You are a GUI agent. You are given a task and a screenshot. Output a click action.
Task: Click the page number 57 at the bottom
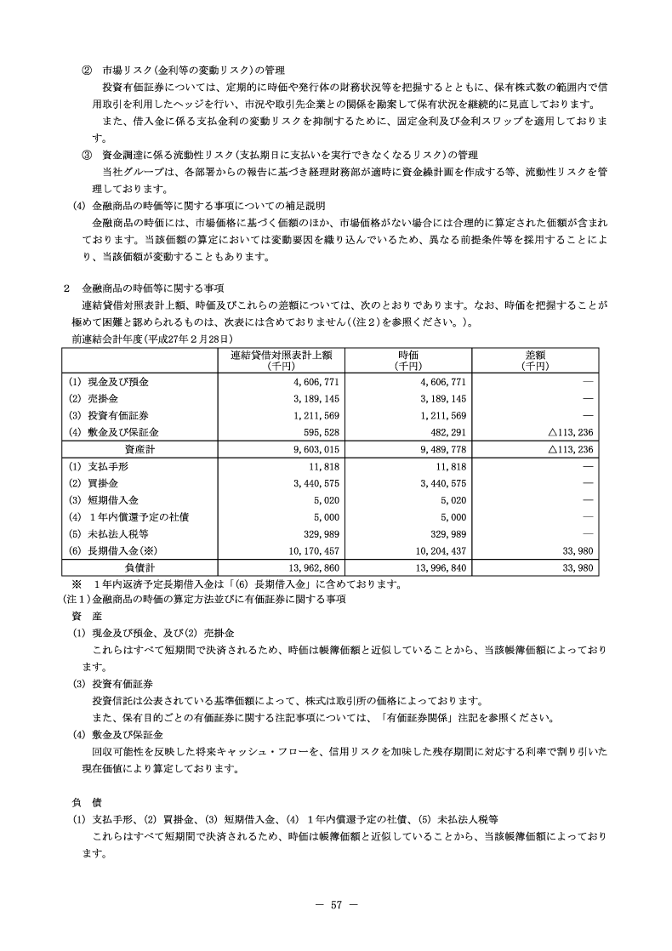336,905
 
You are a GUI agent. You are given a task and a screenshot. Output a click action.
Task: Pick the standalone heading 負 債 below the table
87,801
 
